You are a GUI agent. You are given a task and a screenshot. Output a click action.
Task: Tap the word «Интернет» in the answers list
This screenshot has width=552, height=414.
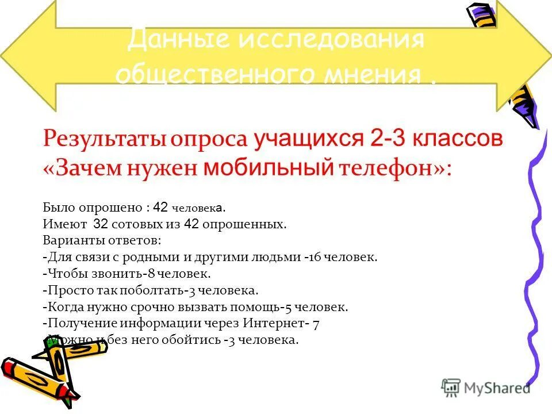(x=269, y=323)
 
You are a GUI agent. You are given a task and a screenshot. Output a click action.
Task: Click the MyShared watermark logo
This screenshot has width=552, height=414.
(x=486, y=388)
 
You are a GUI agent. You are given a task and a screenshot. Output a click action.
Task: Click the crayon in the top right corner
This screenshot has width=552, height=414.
(x=481, y=13)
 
